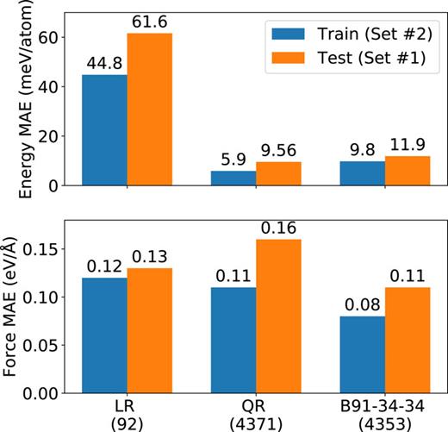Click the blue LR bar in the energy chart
point(104,130)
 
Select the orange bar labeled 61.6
point(149,110)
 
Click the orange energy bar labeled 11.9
point(408,171)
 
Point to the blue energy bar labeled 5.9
point(233,178)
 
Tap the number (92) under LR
point(127,423)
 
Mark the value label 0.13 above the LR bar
point(149,257)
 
